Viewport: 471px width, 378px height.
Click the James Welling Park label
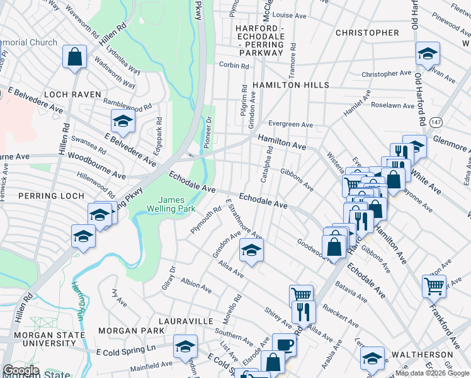click(x=166, y=203)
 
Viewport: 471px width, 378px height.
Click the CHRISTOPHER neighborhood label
click(x=367, y=33)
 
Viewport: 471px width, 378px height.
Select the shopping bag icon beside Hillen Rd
click(x=75, y=57)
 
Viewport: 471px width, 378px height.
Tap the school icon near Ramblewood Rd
click(x=123, y=120)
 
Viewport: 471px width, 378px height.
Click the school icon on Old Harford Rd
click(x=428, y=53)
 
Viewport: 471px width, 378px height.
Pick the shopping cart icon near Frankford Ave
click(x=434, y=285)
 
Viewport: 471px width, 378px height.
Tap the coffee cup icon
click(x=284, y=344)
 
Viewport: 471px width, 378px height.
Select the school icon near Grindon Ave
click(x=251, y=251)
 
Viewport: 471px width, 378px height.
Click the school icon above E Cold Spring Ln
click(x=185, y=346)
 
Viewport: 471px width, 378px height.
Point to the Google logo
click(x=21, y=370)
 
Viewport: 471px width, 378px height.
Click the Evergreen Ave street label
click(x=290, y=125)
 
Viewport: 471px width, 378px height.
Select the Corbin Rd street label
click(x=231, y=65)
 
